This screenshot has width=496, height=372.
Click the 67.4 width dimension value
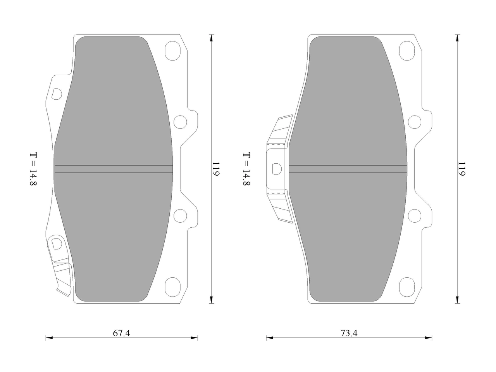point(121,333)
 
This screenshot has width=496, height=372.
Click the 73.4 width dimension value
point(349,333)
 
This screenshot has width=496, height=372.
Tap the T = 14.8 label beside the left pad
point(33,169)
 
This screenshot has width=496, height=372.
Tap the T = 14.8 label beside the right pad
point(246,169)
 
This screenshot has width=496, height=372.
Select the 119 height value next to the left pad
point(216,169)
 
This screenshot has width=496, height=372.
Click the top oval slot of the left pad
point(173,51)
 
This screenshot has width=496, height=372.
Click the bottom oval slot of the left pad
point(173,287)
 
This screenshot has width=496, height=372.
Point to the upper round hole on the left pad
point(180,122)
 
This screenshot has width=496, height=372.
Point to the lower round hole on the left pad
point(180,216)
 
